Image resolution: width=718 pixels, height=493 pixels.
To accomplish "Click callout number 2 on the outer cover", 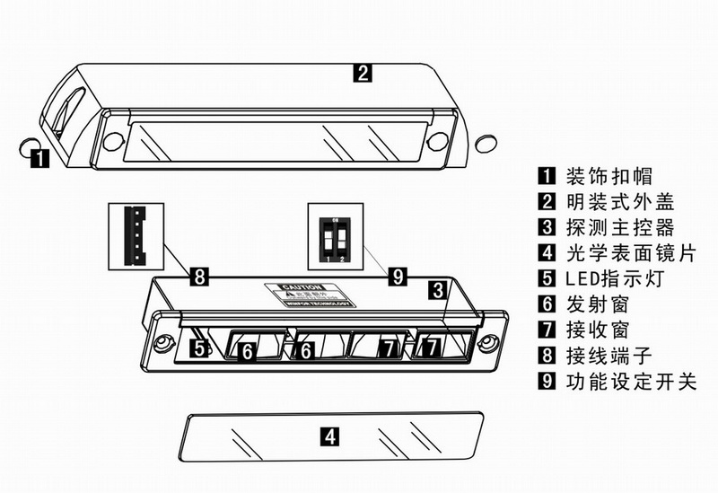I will pos(361,74).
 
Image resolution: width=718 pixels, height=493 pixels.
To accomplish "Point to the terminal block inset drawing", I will pos(137,236).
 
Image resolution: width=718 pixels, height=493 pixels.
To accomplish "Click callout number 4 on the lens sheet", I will pos(330,437).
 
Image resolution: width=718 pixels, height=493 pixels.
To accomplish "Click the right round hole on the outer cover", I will pos(437,141).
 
